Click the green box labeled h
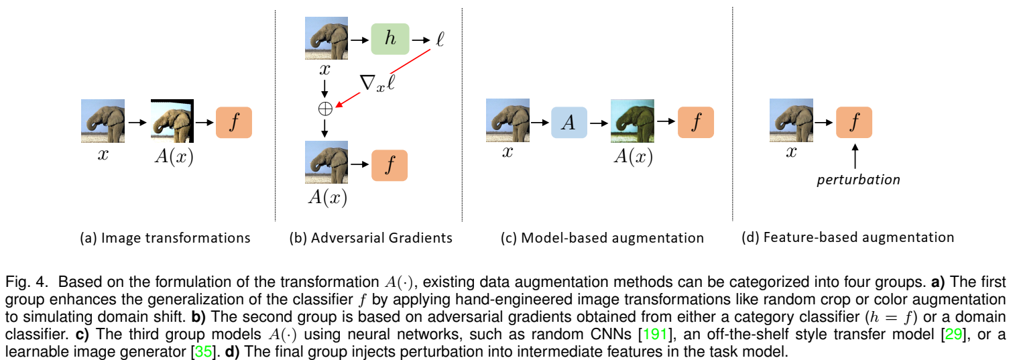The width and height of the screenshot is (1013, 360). coord(390,38)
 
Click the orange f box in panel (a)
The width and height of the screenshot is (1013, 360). coord(233,121)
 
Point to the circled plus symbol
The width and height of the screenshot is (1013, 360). coord(324,108)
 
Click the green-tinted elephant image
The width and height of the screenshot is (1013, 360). coord(632,121)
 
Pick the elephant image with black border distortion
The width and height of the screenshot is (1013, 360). coord(172,121)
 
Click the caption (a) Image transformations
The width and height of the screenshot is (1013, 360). coord(164,237)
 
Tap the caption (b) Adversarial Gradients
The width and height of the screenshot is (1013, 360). coord(370,237)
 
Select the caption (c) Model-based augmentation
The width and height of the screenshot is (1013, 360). coord(602,237)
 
